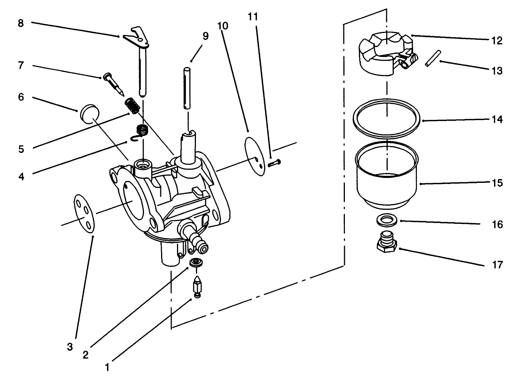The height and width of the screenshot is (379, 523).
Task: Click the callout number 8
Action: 21,24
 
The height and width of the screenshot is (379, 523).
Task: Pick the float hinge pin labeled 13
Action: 432,58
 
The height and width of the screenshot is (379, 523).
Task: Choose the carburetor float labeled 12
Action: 383,53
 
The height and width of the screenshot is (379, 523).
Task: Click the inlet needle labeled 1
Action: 197,286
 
